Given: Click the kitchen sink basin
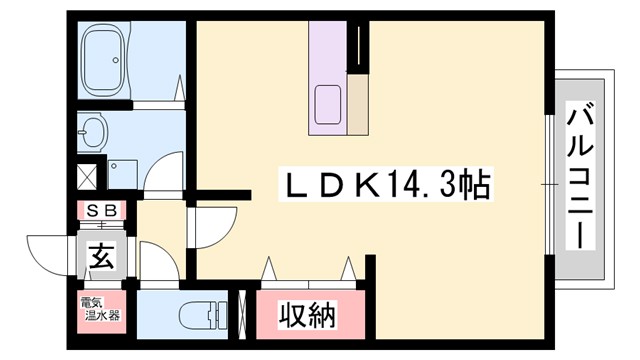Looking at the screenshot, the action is click(x=328, y=104).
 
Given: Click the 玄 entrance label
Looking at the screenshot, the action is click(x=103, y=255).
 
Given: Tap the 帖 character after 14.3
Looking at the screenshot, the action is click(x=475, y=185).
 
